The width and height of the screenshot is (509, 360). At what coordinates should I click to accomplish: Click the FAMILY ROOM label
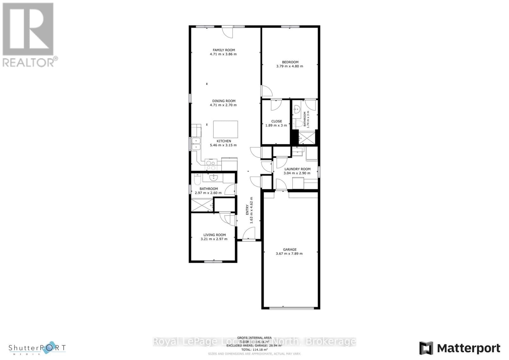(x=224, y=50)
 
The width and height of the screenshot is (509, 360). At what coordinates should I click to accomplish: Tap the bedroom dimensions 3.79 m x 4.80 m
(x=289, y=66)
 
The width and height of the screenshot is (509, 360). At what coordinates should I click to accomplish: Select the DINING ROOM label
(x=224, y=101)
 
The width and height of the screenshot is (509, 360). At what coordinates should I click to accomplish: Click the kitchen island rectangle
(x=225, y=129)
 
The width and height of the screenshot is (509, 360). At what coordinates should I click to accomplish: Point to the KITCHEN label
(x=224, y=141)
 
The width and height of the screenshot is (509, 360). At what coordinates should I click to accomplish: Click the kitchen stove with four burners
(x=211, y=165)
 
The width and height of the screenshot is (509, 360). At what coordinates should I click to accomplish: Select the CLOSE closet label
(x=276, y=121)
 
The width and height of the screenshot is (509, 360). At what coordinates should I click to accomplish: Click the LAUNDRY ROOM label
(x=297, y=169)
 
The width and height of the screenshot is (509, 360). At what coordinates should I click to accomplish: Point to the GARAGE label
(x=289, y=250)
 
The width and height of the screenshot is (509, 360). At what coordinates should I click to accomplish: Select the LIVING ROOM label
(x=214, y=235)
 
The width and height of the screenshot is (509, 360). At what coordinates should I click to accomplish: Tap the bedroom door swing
(x=267, y=91)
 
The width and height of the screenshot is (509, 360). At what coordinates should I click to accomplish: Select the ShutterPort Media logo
(x=37, y=348)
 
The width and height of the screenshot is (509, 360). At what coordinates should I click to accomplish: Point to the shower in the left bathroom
(x=202, y=205)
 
